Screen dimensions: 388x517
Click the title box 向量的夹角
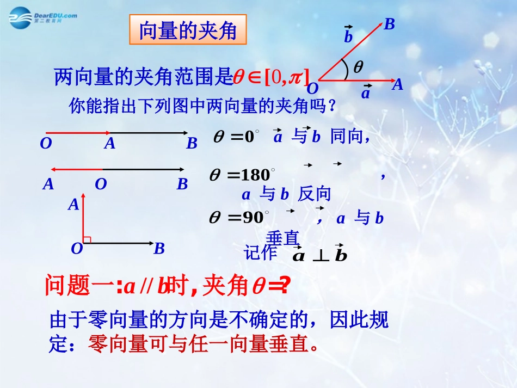click(188, 30)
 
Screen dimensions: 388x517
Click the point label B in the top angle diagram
click(389, 24)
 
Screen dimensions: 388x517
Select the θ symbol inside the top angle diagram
click(358, 67)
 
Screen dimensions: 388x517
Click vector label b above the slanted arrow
click(349, 36)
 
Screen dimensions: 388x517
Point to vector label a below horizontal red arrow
click(366, 93)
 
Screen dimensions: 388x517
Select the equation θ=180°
click(241, 175)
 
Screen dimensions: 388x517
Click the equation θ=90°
click(238, 218)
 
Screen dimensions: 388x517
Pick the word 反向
click(315, 194)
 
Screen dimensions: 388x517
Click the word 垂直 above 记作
click(283, 239)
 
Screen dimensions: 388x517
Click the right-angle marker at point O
click(87, 239)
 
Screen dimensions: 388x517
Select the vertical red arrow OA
click(83, 218)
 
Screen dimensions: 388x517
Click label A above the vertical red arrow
click(73, 205)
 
